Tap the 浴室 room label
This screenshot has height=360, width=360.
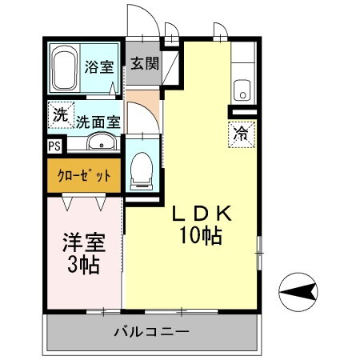click(99, 67)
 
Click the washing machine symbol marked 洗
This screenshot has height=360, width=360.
click(60, 114)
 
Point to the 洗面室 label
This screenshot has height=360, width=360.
click(98, 122)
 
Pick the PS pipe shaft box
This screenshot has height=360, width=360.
click(54, 146)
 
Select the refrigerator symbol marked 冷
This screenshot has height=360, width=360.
click(239, 134)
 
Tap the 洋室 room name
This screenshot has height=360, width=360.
click(80, 242)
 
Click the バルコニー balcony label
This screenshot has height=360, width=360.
click(150, 332)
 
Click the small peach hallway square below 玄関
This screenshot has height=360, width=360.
click(143, 102)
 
